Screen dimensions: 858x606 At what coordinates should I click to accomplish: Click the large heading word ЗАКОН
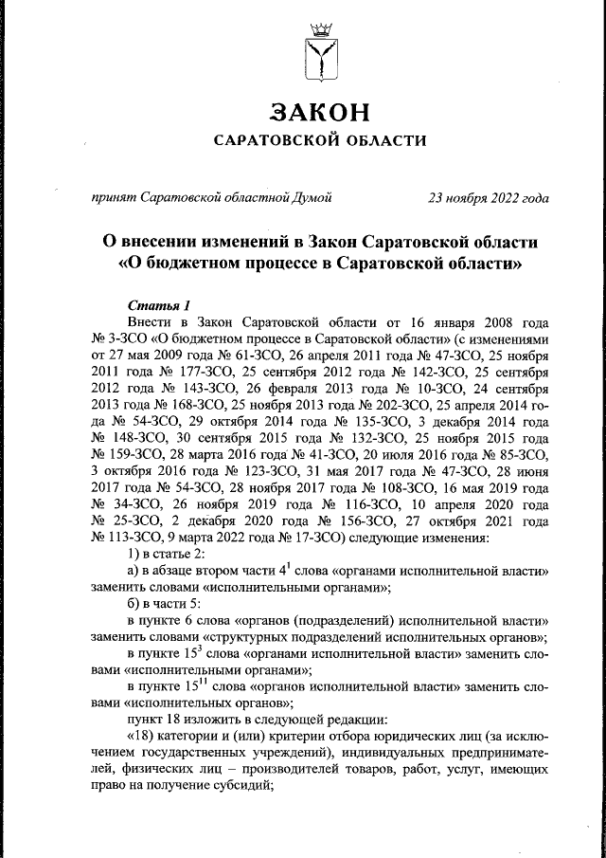(x=318, y=112)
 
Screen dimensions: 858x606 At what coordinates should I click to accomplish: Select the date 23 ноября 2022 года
(x=489, y=197)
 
